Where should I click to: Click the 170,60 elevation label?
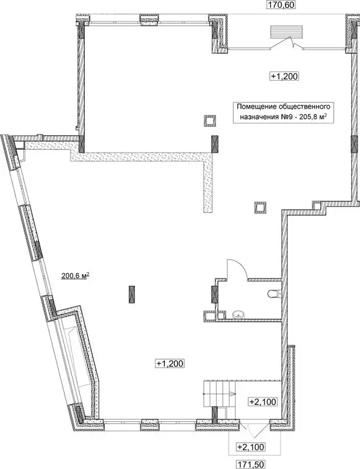[x=281, y=5]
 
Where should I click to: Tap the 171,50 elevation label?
[x=251, y=465]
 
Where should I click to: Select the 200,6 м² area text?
[x=75, y=276]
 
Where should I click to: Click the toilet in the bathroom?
[x=273, y=294]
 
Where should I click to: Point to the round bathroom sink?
[x=239, y=314]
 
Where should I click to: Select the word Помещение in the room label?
[x=256, y=106]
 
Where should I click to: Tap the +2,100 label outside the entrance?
[x=251, y=447]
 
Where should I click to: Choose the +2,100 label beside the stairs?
[x=263, y=401]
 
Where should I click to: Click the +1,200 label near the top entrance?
[x=284, y=76]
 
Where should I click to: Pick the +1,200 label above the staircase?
[x=170, y=363]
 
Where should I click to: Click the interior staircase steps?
[x=220, y=393]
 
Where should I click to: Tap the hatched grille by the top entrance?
[x=287, y=32]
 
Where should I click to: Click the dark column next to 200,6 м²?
[x=131, y=294]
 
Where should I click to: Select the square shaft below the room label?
[x=210, y=121]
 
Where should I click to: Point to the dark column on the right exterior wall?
[x=354, y=144]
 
